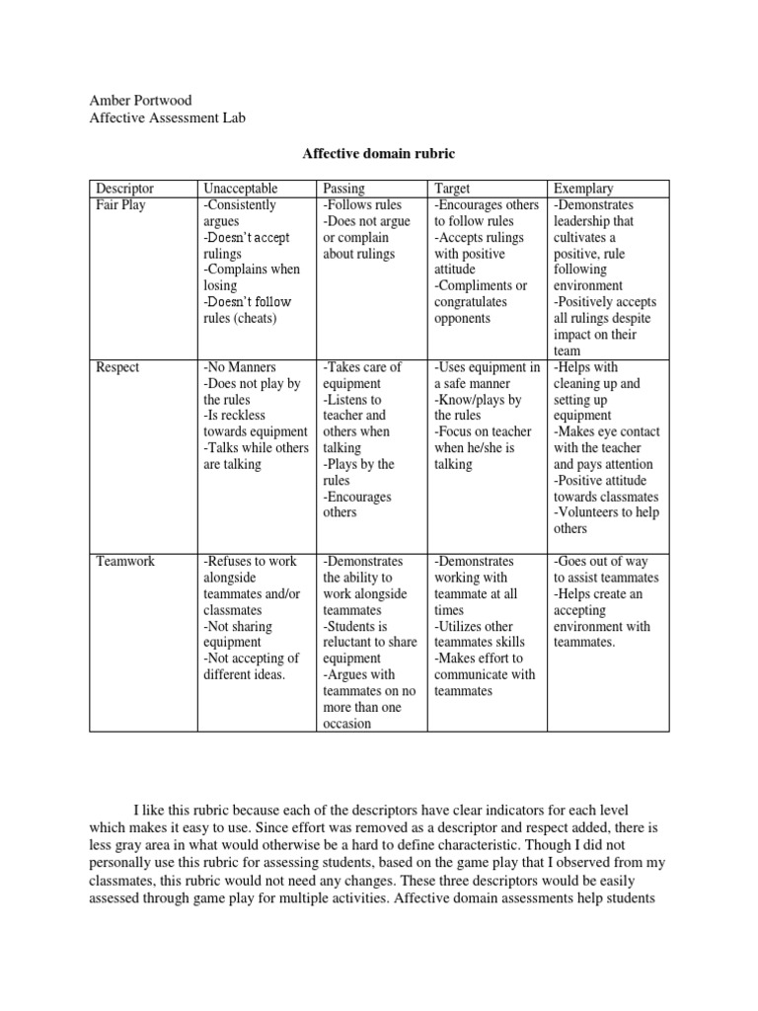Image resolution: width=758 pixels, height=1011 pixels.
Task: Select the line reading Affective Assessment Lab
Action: pyautogui.click(x=167, y=118)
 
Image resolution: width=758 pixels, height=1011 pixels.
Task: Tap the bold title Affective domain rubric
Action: pyautogui.click(x=378, y=154)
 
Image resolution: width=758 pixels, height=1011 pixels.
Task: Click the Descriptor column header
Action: pyautogui.click(x=125, y=189)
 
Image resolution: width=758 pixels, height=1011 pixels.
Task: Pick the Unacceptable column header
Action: pyautogui.click(x=241, y=189)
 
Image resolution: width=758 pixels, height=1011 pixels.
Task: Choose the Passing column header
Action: pyautogui.click(x=344, y=189)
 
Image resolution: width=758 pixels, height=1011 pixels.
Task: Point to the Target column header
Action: pyautogui.click(x=452, y=189)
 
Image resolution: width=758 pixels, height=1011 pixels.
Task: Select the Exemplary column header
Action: pyautogui.click(x=583, y=189)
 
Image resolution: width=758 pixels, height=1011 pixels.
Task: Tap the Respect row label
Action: pyautogui.click(x=117, y=367)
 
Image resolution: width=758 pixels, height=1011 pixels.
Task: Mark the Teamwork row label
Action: pyautogui.click(x=124, y=561)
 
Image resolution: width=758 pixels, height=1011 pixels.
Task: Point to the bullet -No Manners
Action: pyautogui.click(x=239, y=367)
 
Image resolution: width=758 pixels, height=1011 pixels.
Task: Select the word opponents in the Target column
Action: pyautogui.click(x=462, y=318)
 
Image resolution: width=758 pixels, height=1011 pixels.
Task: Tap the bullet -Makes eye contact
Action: pyautogui.click(x=606, y=431)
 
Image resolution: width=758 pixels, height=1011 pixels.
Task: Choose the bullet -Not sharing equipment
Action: pyautogui.click(x=237, y=634)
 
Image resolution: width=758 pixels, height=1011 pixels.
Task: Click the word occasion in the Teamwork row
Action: pyautogui.click(x=347, y=723)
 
